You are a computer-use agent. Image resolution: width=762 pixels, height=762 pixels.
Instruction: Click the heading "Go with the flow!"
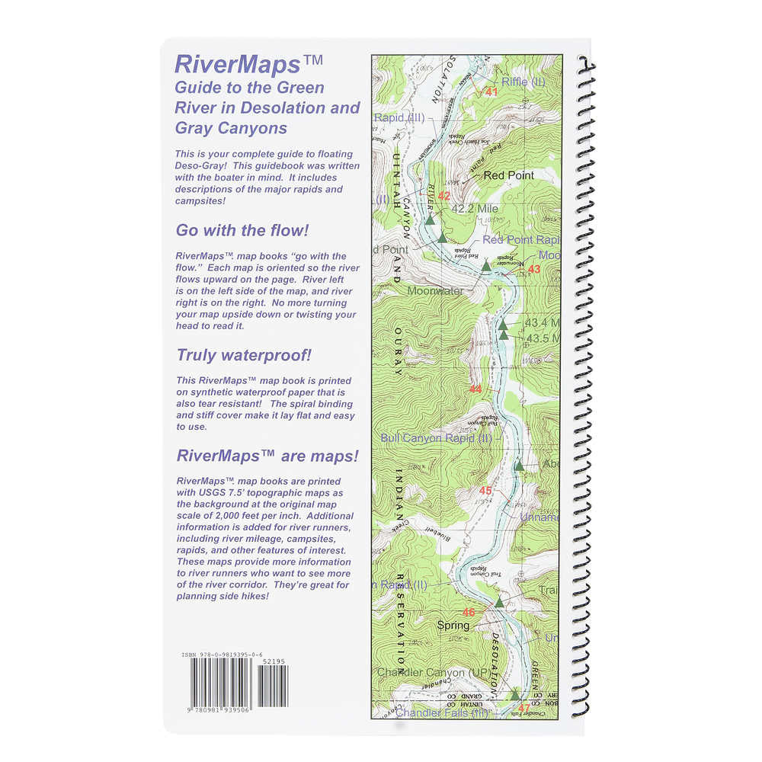click(x=242, y=230)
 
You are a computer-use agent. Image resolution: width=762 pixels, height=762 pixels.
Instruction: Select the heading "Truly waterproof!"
click(x=244, y=355)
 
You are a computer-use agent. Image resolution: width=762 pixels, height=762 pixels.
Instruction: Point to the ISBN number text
click(x=223, y=655)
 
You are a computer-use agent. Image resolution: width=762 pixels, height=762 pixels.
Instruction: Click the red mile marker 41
click(x=491, y=92)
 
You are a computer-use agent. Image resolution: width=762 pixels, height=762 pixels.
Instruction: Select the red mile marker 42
click(x=444, y=196)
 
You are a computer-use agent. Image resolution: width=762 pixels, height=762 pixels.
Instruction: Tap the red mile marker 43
click(x=533, y=269)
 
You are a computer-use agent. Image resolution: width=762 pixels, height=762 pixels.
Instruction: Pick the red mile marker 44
click(x=475, y=389)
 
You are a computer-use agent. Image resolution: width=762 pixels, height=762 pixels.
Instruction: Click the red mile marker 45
click(x=485, y=491)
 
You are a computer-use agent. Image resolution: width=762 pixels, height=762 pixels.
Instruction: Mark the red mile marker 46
click(x=469, y=612)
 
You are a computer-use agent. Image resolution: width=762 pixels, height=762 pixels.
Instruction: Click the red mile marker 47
click(x=523, y=708)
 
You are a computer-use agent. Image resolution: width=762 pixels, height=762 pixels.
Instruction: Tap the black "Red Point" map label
click(x=509, y=175)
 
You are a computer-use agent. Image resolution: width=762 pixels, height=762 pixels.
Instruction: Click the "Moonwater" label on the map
click(x=435, y=290)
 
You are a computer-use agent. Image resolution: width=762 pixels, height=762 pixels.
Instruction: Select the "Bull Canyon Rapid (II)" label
click(x=437, y=438)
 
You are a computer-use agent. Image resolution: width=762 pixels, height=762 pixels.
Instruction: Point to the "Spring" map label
click(x=453, y=626)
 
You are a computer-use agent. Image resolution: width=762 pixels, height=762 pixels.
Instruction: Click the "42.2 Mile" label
click(x=474, y=208)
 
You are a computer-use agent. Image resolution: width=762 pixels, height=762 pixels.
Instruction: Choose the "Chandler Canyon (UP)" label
click(x=432, y=672)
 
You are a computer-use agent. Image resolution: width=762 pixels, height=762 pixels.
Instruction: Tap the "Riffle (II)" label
click(x=523, y=82)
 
